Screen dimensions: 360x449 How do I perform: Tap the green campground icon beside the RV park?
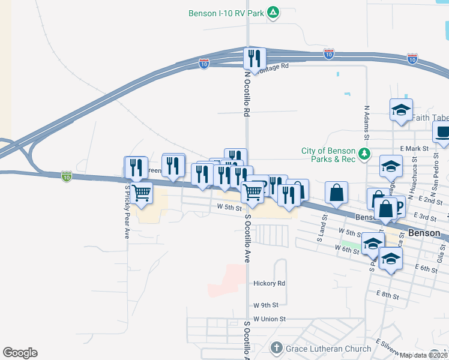point(273,13)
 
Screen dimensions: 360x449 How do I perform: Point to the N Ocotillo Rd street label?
point(246,94)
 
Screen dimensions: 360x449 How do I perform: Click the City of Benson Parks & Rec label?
point(328,155)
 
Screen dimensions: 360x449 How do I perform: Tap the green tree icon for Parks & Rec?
point(363,155)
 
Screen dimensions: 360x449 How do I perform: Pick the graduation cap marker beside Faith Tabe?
point(401,110)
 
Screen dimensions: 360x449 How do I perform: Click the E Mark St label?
point(414,148)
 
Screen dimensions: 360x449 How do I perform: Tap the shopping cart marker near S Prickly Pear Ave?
point(141,193)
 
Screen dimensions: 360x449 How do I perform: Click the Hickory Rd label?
point(269,283)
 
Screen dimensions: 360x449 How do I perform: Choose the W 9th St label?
point(264,305)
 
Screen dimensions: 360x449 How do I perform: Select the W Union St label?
point(270,319)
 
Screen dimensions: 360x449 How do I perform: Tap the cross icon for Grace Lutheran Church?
point(276,347)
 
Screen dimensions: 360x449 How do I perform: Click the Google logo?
point(20,353)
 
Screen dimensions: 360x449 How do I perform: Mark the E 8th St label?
point(387,295)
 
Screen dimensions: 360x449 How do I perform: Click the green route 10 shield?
point(66,176)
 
